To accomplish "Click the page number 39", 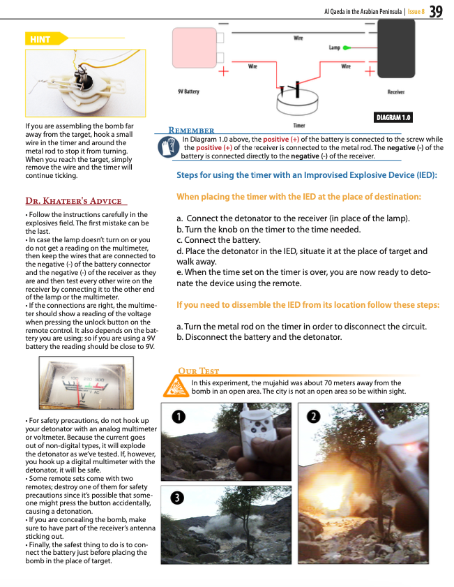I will pos(437,11).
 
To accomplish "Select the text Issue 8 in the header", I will pos(416,12).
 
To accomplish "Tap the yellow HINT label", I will pos(40,40).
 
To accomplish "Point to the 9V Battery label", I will pos(188,91).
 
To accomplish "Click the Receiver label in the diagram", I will pos(396,91).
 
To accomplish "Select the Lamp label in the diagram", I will pos(334,47).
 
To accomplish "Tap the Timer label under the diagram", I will pos(299,126).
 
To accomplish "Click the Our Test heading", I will pos(199,371).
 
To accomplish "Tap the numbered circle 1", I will pos(179,417).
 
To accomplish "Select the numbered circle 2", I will pos(315,417).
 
